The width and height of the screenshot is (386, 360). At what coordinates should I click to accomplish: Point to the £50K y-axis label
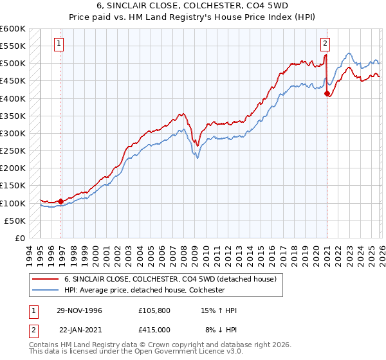tap(15, 221)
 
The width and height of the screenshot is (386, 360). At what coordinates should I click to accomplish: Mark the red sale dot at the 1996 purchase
tap(61, 201)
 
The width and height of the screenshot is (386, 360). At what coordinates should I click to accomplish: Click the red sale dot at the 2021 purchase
tap(327, 93)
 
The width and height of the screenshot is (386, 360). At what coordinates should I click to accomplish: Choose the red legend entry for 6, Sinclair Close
tap(170, 279)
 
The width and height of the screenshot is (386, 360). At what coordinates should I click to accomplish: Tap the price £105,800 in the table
tap(153, 310)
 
